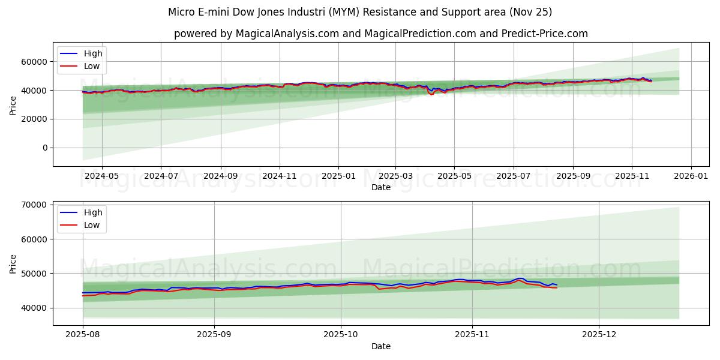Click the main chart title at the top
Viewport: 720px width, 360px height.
tap(360, 12)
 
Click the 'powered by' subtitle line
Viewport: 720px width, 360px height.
tap(380, 34)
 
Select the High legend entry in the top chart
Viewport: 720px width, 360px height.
tap(93, 53)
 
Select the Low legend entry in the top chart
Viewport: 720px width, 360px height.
tap(92, 66)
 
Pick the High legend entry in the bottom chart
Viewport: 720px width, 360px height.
tap(93, 212)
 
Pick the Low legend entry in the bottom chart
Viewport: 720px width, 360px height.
tap(92, 226)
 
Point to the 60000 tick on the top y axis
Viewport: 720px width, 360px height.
tap(35, 62)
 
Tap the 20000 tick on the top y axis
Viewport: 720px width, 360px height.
tap(35, 119)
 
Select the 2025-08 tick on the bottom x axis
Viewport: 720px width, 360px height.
tap(83, 334)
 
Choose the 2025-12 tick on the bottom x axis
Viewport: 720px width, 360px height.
tap(599, 334)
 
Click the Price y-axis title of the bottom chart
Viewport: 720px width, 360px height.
tap(13, 263)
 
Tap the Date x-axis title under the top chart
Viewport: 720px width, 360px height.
tap(380, 187)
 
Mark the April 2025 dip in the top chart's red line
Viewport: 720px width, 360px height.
tap(431, 94)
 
